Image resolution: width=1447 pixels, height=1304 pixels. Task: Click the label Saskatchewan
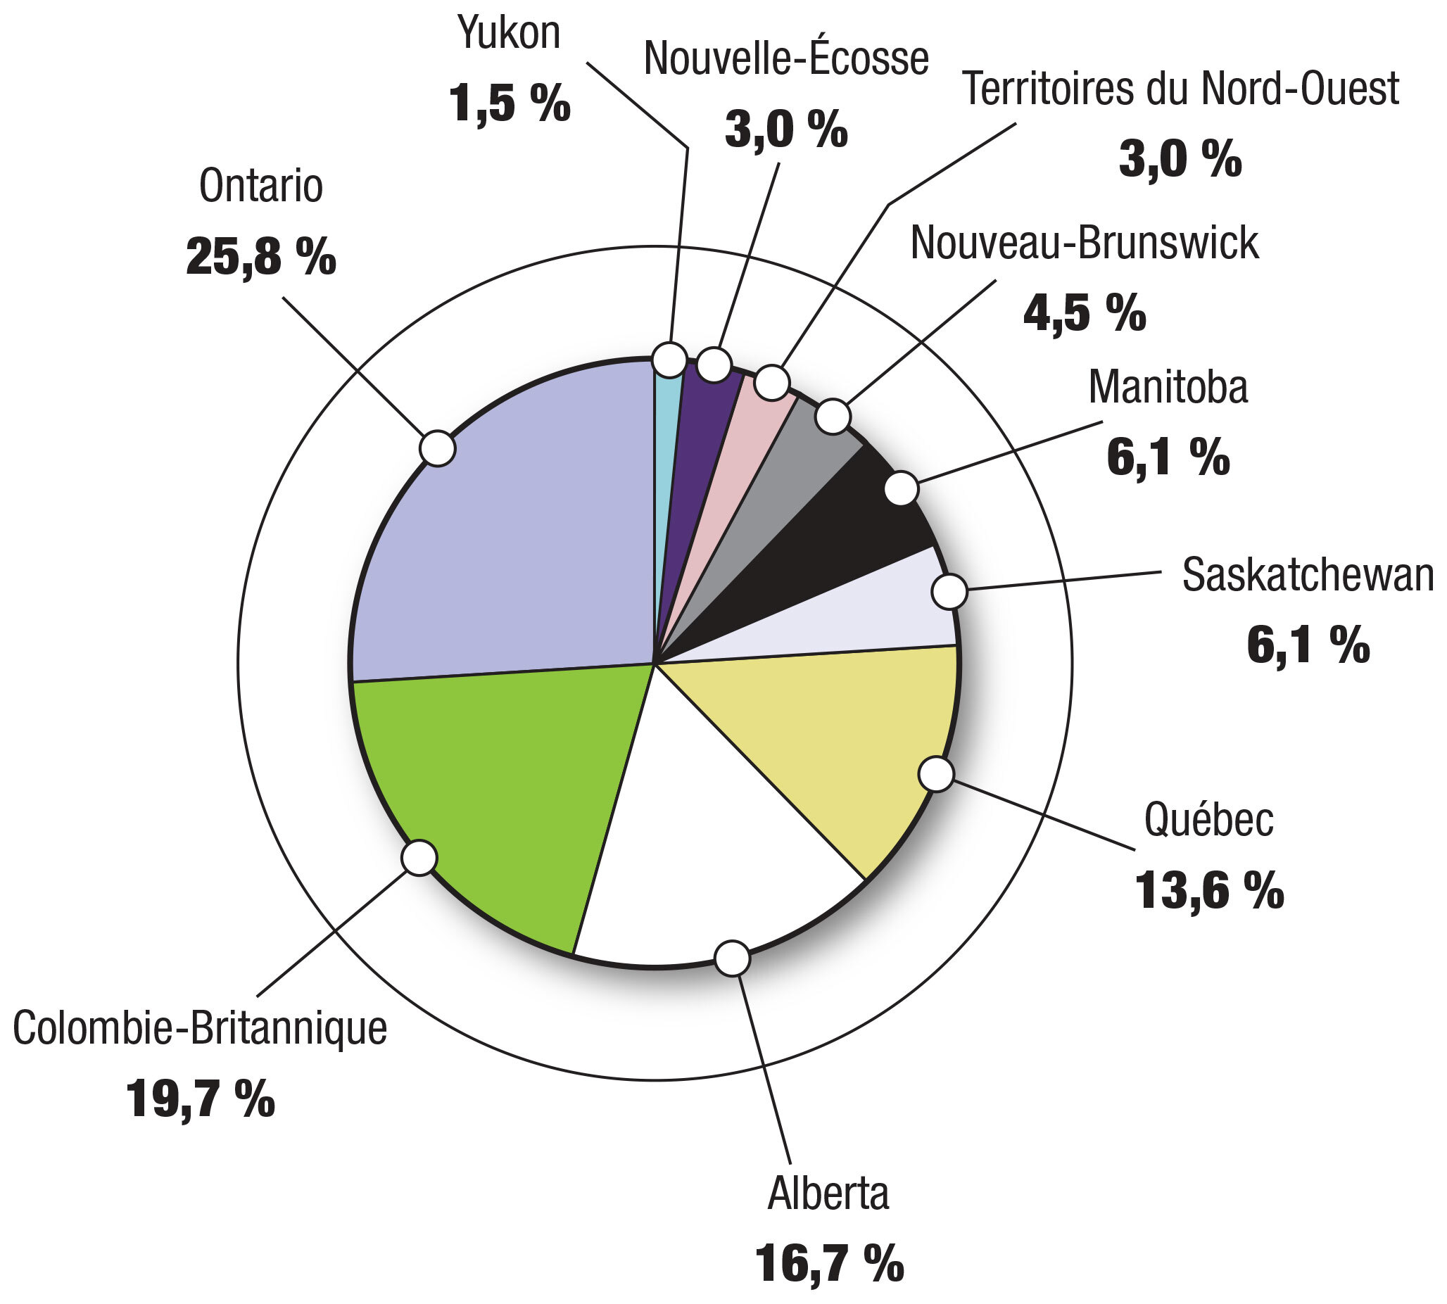[1307, 575]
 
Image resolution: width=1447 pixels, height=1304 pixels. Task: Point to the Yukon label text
[509, 33]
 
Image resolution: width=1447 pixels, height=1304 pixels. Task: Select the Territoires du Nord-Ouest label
[1180, 89]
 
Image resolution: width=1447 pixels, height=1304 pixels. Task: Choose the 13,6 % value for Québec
[1209, 891]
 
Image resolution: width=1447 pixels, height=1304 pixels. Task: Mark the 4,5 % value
[1084, 312]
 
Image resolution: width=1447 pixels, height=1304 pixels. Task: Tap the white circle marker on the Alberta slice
[733, 958]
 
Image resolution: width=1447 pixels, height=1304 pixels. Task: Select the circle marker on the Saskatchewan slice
[949, 592]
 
